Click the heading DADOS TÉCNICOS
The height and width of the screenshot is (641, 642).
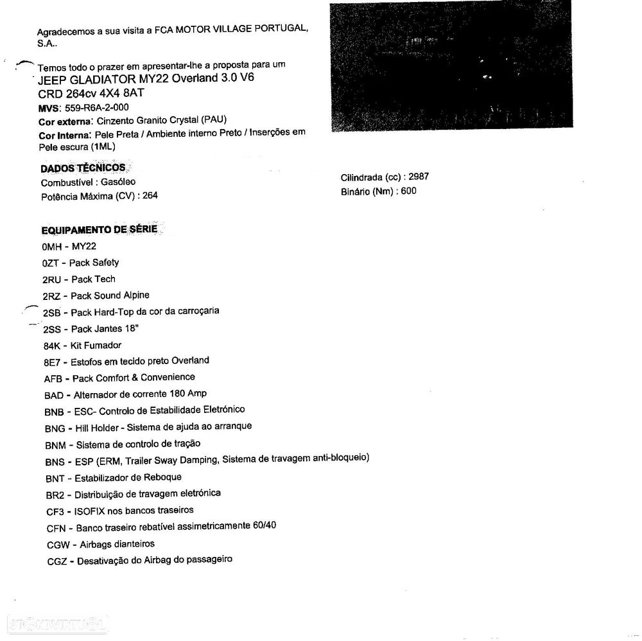[x=83, y=168]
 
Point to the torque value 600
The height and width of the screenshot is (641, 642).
[x=408, y=191]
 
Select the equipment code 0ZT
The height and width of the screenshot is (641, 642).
[x=51, y=263]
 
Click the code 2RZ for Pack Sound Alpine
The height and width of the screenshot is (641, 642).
[x=51, y=296]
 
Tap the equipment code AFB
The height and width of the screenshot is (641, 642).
[x=53, y=379]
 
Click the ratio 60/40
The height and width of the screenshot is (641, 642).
[x=265, y=525]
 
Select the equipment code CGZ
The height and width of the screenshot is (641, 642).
[x=57, y=561]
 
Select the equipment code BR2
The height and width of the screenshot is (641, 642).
[x=56, y=495]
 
